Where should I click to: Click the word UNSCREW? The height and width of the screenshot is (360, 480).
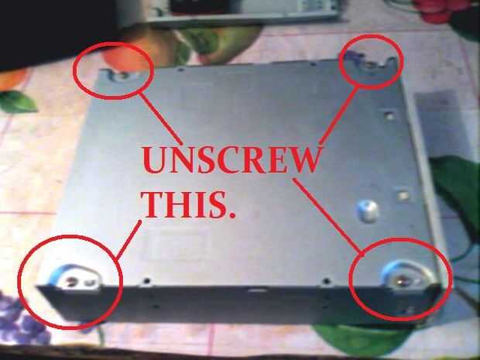tap(231, 159)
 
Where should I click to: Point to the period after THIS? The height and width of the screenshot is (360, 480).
tap(232, 214)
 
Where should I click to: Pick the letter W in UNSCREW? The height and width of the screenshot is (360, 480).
tap(303, 159)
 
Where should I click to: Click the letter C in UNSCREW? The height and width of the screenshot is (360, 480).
tap(228, 159)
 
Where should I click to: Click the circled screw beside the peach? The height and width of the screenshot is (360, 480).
tap(122, 75)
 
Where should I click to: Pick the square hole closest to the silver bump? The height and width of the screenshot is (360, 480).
tap(403, 196)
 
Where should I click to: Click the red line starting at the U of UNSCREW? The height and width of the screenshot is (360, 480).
tap(160, 118)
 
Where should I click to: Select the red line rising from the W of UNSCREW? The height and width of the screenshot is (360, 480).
tap(338, 115)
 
